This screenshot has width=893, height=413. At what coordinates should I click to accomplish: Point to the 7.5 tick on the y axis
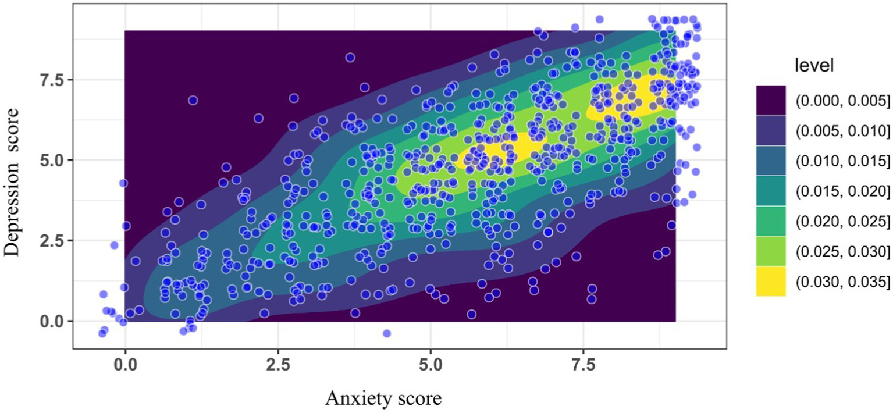click(x=55, y=79)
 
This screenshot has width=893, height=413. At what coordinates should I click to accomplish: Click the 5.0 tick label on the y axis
click(x=55, y=160)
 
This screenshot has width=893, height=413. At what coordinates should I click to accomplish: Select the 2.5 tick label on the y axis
click(x=55, y=241)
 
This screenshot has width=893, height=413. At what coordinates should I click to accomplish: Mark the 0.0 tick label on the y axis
click(x=55, y=321)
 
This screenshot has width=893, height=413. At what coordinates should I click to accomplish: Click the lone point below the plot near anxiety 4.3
click(x=386, y=333)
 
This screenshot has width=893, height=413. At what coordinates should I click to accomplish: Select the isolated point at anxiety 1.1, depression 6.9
click(x=193, y=100)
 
